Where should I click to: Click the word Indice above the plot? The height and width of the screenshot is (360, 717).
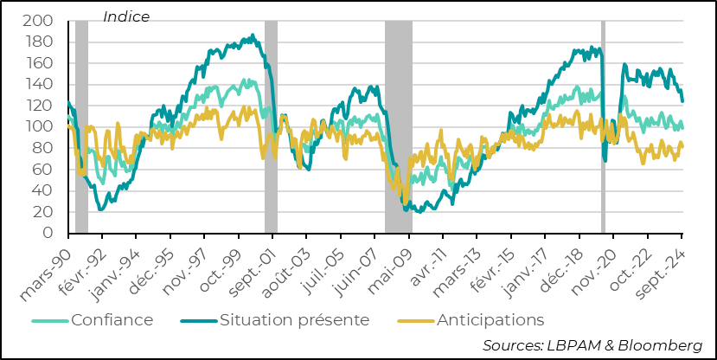[126, 16]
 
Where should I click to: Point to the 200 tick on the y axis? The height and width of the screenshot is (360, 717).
[42, 21]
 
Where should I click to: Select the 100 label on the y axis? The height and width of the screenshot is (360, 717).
[42, 127]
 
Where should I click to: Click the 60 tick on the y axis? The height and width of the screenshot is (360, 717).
[45, 170]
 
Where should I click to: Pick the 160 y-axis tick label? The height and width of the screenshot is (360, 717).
[42, 63]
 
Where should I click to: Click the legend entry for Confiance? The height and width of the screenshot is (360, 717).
[112, 320]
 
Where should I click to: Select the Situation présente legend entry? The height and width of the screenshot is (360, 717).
[295, 320]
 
